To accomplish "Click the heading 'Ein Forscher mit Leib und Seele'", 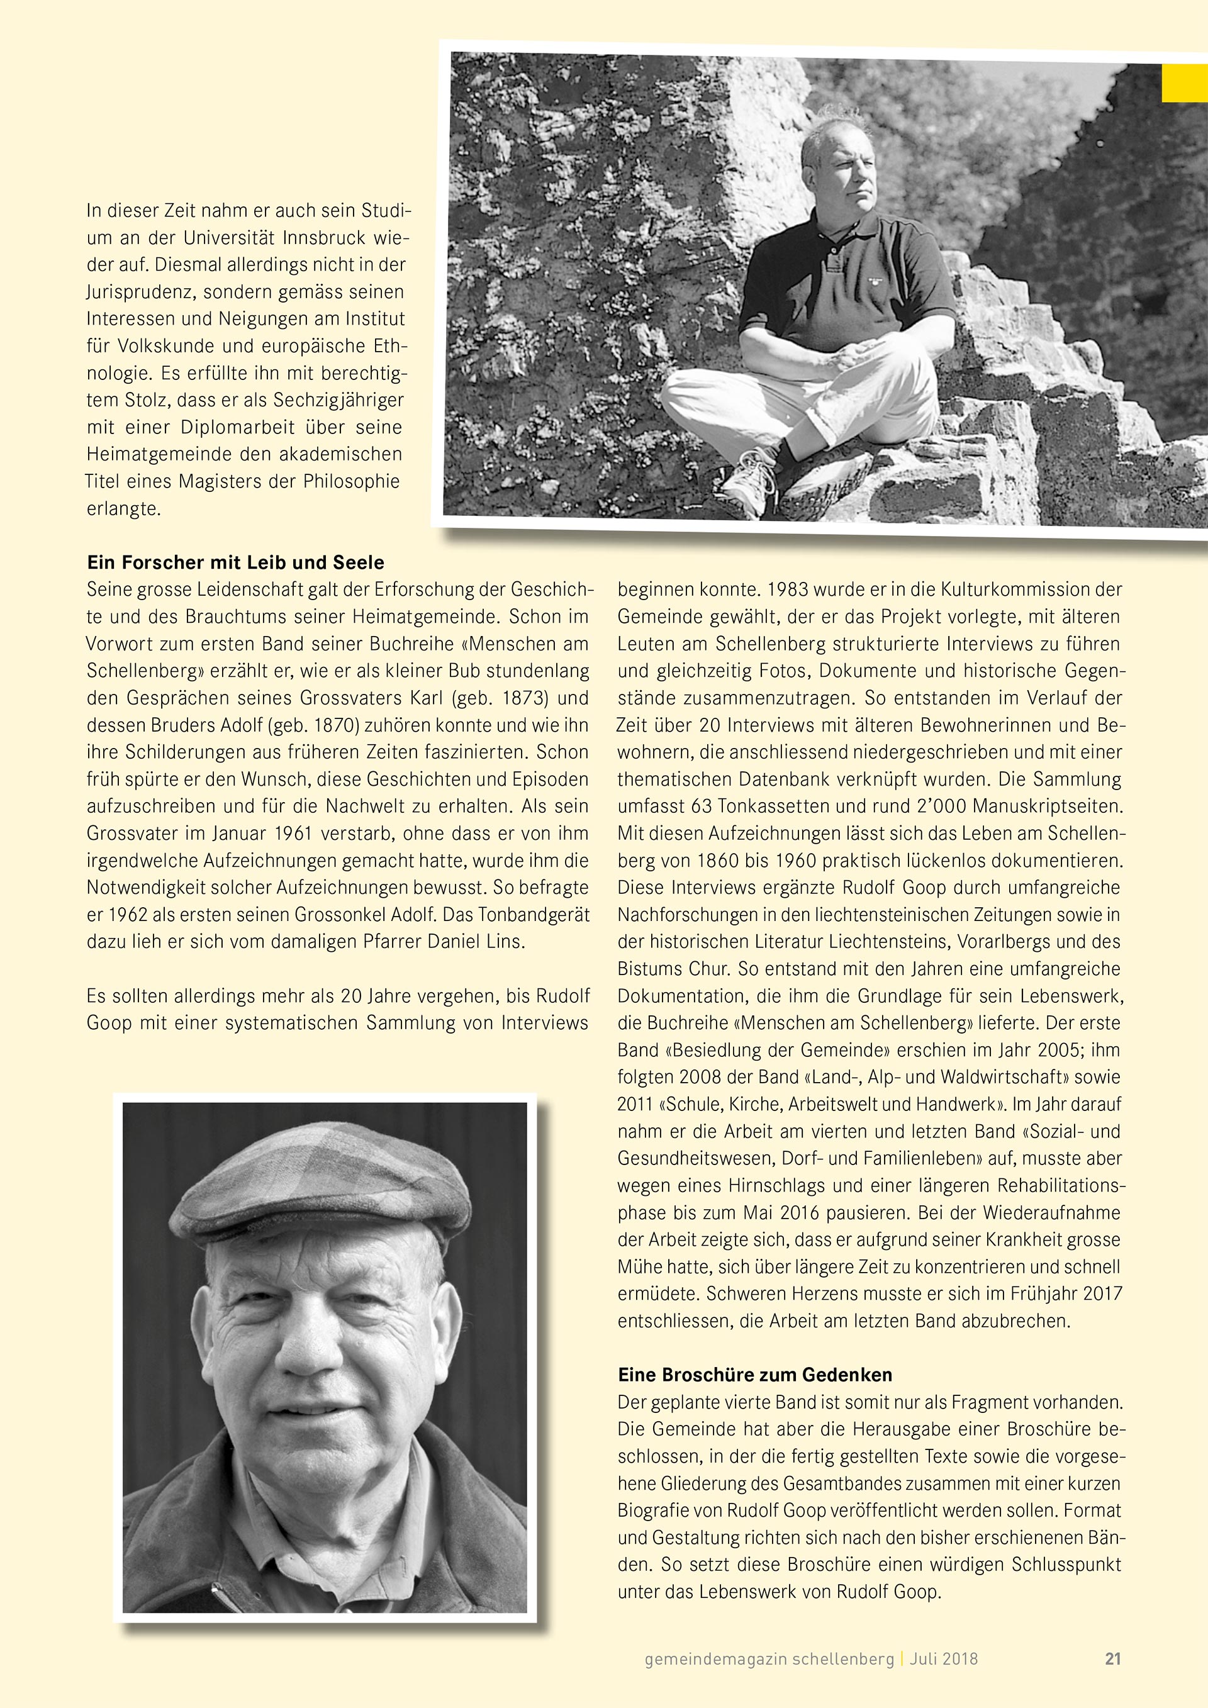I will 235,562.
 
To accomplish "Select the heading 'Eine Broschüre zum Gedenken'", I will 755,1375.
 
